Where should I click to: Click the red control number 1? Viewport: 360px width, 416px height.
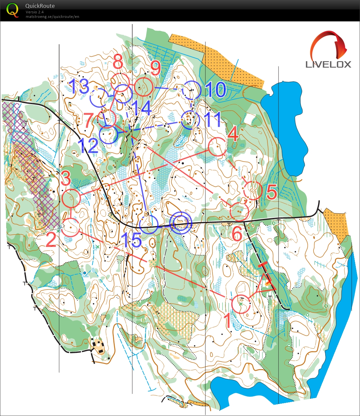click(228, 321)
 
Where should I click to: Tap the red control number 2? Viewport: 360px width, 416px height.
click(51, 240)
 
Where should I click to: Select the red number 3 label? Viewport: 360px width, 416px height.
click(66, 178)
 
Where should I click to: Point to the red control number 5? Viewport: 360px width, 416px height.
click(272, 193)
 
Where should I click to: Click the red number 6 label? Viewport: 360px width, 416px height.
click(237, 234)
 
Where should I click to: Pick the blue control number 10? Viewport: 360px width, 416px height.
click(216, 89)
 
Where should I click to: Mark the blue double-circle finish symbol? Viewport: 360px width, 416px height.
click(181, 223)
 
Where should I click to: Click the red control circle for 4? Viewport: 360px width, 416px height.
click(217, 147)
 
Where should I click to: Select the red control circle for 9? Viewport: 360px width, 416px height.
click(143, 87)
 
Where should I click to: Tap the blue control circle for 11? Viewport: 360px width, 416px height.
click(190, 121)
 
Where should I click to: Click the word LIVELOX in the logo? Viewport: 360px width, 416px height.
click(328, 64)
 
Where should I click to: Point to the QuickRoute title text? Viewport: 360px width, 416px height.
click(40, 6)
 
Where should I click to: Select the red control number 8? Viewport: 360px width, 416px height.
click(118, 62)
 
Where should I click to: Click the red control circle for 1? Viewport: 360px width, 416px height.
click(241, 304)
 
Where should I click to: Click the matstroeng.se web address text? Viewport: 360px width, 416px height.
click(52, 17)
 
